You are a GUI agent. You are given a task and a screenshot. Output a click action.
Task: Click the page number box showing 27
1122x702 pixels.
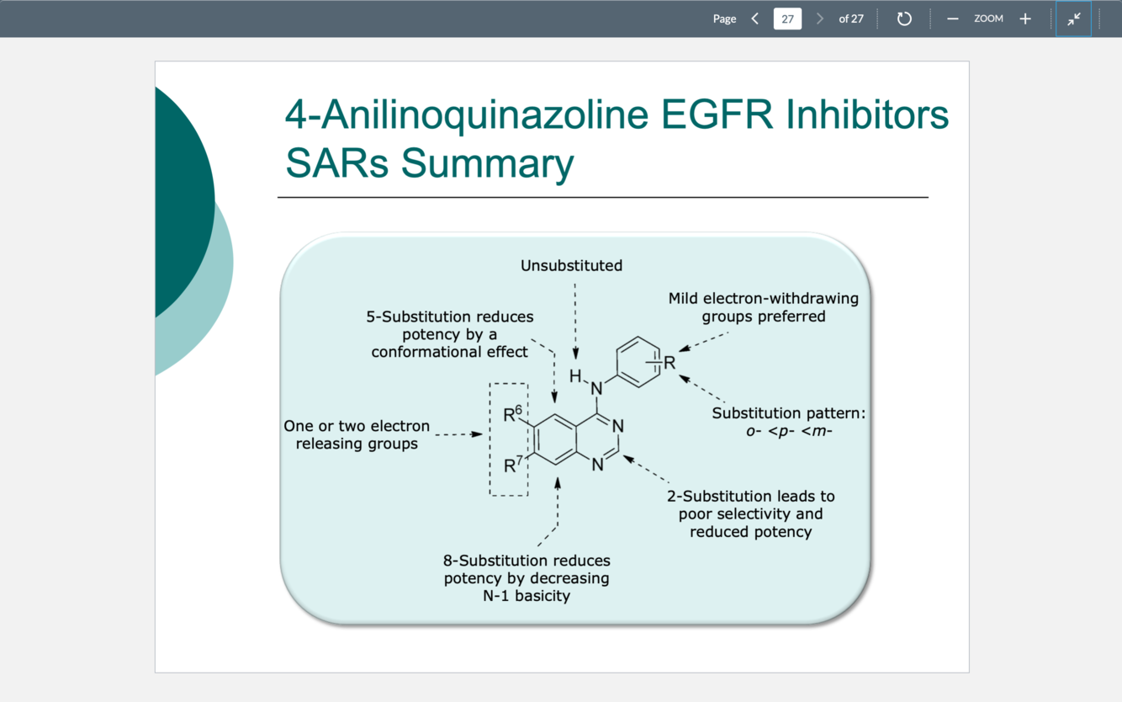[x=787, y=19]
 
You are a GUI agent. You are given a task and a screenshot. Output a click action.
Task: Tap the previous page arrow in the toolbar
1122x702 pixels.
[x=754, y=19]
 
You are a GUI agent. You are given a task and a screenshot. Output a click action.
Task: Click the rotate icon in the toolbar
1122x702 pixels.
[x=904, y=19]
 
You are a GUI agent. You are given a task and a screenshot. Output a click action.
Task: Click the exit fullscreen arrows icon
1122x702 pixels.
[x=1073, y=19]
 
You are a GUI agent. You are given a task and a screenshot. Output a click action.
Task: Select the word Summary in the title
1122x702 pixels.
[x=488, y=163]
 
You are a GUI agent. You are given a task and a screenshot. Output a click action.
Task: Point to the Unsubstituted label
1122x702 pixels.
[x=571, y=266]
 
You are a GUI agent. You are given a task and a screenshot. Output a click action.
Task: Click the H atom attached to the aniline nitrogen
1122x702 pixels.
[x=575, y=376]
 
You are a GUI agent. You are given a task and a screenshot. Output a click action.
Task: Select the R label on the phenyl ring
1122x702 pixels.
[x=669, y=363]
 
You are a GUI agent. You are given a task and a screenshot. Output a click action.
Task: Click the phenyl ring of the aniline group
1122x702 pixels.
[x=638, y=362]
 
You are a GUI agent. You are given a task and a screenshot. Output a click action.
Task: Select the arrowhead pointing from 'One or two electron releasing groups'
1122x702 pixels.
[x=477, y=434]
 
